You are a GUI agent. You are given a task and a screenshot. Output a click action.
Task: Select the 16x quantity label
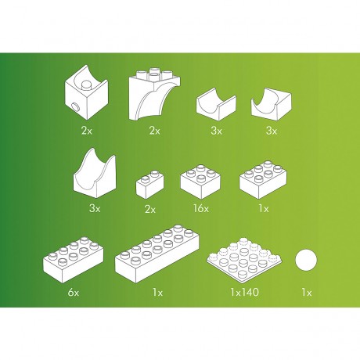(201, 208)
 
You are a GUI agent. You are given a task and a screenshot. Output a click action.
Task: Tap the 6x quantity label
(74, 293)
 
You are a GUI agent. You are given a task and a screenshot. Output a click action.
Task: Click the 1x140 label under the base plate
(245, 292)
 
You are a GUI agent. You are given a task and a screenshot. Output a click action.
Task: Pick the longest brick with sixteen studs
(157, 254)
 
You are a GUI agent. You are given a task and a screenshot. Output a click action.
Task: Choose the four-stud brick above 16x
(200, 182)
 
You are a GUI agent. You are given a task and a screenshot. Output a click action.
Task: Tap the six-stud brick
(263, 180)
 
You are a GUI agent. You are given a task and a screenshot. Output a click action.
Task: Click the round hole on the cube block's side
(76, 107)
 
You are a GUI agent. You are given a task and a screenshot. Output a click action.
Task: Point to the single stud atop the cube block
(86, 85)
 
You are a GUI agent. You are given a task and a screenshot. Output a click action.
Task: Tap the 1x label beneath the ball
(307, 293)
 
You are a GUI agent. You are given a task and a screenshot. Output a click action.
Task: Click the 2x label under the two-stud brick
(150, 210)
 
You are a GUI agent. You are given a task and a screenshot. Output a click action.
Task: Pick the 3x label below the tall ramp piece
(95, 208)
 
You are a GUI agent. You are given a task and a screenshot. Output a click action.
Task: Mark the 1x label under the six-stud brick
(264, 208)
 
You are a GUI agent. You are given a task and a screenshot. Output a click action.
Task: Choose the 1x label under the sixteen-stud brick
(157, 293)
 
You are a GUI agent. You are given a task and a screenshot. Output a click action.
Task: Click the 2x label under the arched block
(154, 130)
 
